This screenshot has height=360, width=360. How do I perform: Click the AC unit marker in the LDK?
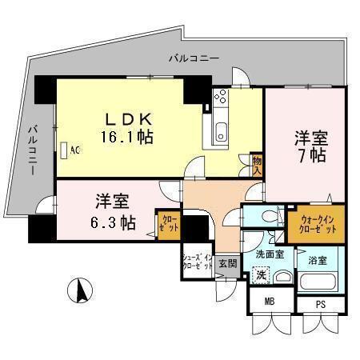(69, 150)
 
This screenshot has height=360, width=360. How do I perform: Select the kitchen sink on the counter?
(222, 131)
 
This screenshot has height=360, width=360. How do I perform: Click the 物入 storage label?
(258, 165)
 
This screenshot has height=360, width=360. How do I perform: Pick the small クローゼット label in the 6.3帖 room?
(170, 222)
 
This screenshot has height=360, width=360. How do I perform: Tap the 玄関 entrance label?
(227, 262)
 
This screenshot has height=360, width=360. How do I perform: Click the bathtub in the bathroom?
(318, 281)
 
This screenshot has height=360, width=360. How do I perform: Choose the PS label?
(320, 304)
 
